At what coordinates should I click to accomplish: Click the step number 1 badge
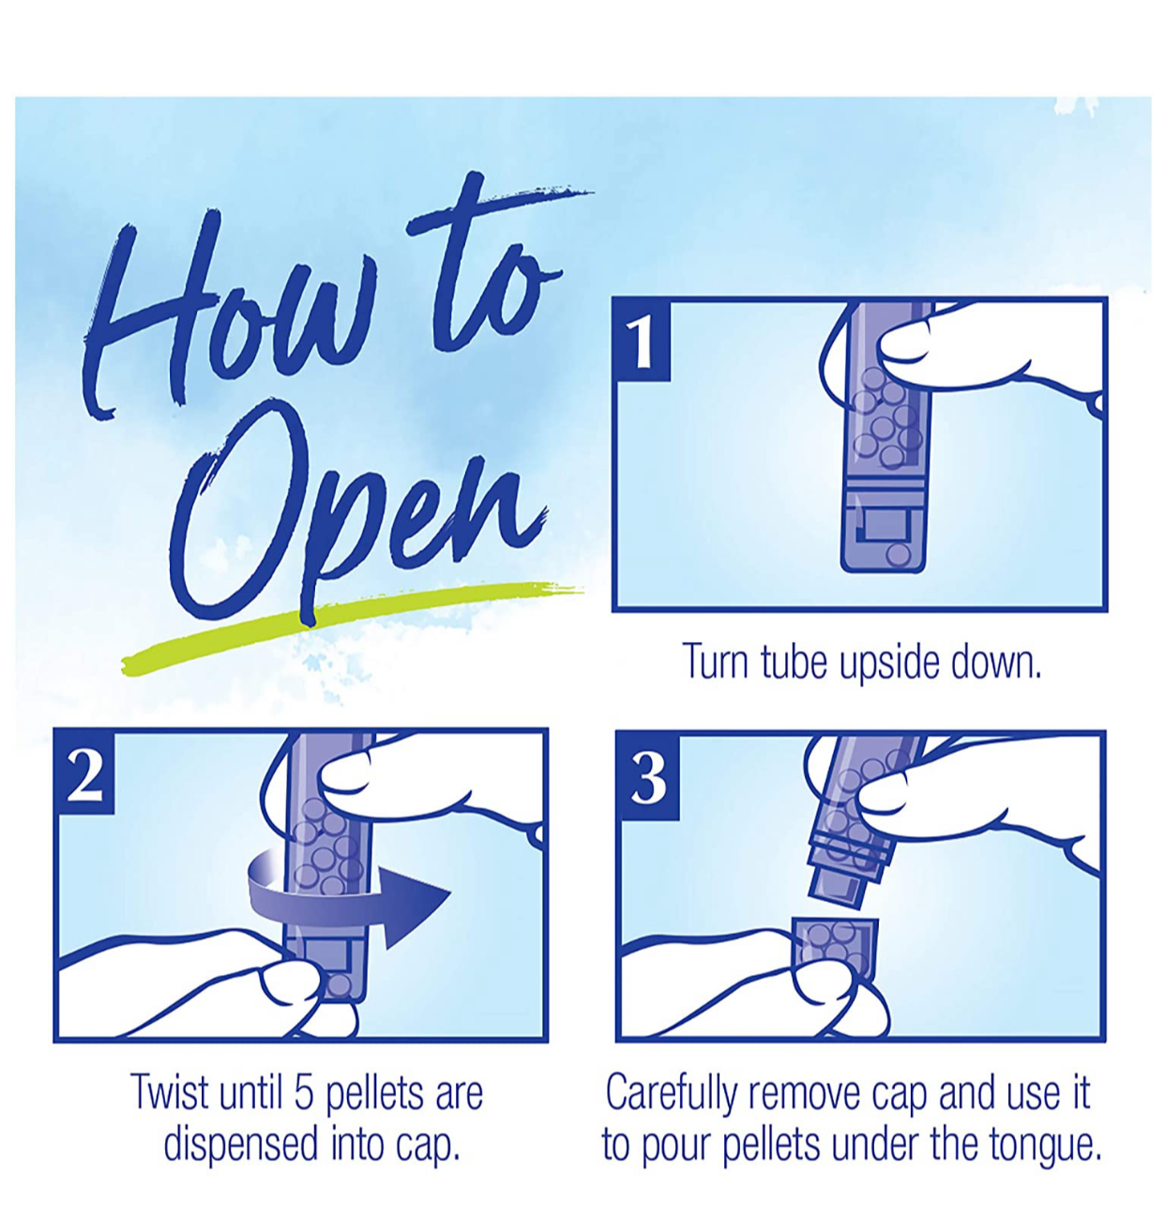click(642, 341)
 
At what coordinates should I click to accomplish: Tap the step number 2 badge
click(84, 771)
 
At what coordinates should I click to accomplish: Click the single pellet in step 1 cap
click(900, 554)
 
